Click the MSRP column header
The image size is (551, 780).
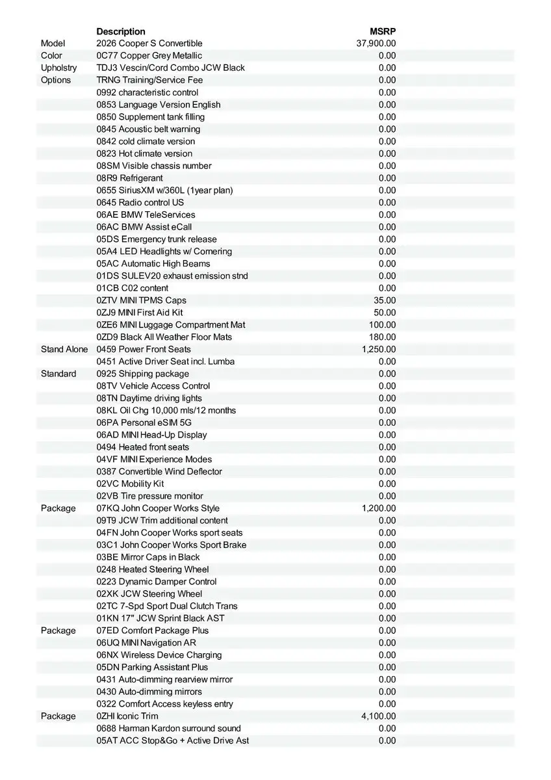[x=383, y=31]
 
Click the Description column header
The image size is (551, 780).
[x=121, y=31]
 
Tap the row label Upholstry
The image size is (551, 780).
[x=58, y=68]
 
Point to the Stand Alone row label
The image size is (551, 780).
[x=64, y=350]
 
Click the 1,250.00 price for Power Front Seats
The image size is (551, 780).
[x=379, y=350]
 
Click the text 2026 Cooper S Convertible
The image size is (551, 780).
[x=149, y=44]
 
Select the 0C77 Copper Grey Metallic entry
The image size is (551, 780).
[x=149, y=56]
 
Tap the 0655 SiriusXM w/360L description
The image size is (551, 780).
[x=164, y=190]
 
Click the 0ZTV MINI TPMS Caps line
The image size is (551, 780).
[x=142, y=300]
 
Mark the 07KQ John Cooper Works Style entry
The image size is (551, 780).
[x=158, y=508]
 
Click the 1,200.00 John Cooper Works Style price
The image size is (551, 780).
[x=379, y=508]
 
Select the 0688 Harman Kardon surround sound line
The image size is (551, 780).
[x=169, y=729]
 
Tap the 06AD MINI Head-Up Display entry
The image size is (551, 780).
[x=152, y=435]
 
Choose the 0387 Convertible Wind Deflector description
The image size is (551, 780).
[x=159, y=472]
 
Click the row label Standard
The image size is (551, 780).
[x=58, y=374]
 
